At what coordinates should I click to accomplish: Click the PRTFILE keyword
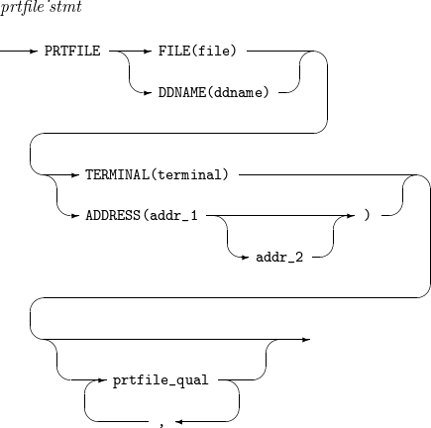click(72, 47)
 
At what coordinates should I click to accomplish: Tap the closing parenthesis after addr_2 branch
click(368, 213)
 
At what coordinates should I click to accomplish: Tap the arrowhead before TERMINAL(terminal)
click(73, 173)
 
